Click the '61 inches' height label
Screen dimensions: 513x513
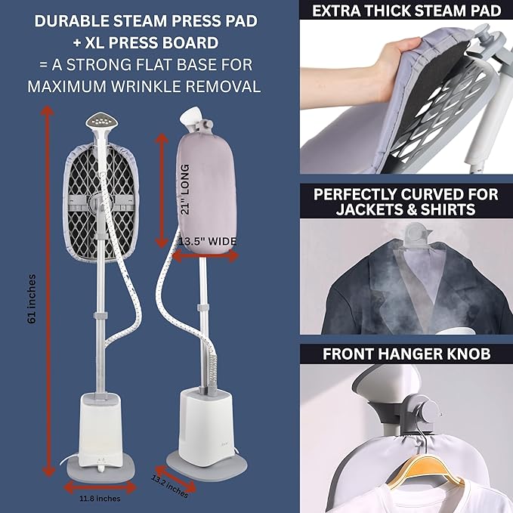(x=32, y=299)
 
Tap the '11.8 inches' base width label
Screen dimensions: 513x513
(x=100, y=499)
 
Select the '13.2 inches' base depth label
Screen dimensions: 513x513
(x=169, y=486)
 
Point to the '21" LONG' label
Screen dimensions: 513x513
(x=185, y=190)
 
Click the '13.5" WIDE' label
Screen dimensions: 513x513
(x=208, y=242)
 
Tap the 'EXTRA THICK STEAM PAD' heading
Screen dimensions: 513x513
(x=406, y=11)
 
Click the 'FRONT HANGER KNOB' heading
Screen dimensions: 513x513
(x=406, y=354)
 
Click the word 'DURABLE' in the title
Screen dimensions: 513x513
(x=71, y=21)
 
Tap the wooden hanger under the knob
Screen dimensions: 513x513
(x=425, y=471)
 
